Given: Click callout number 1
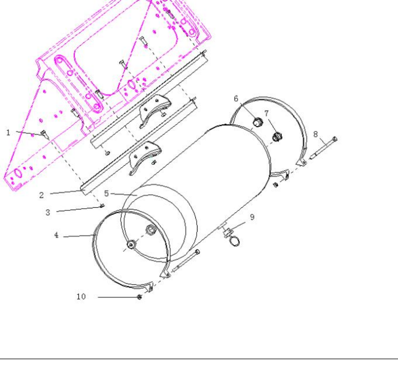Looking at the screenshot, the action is click(8, 133).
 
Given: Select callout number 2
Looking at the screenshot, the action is click(42, 195).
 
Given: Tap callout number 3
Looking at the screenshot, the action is click(48, 213).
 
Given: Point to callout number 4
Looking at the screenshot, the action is click(56, 235).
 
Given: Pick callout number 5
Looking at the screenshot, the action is click(106, 194).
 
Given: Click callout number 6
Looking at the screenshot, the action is click(236, 99).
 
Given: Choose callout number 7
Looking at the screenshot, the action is click(266, 113).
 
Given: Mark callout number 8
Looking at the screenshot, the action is click(316, 134).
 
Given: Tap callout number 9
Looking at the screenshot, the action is click(252, 217).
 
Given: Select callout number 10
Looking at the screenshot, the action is click(81, 296).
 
